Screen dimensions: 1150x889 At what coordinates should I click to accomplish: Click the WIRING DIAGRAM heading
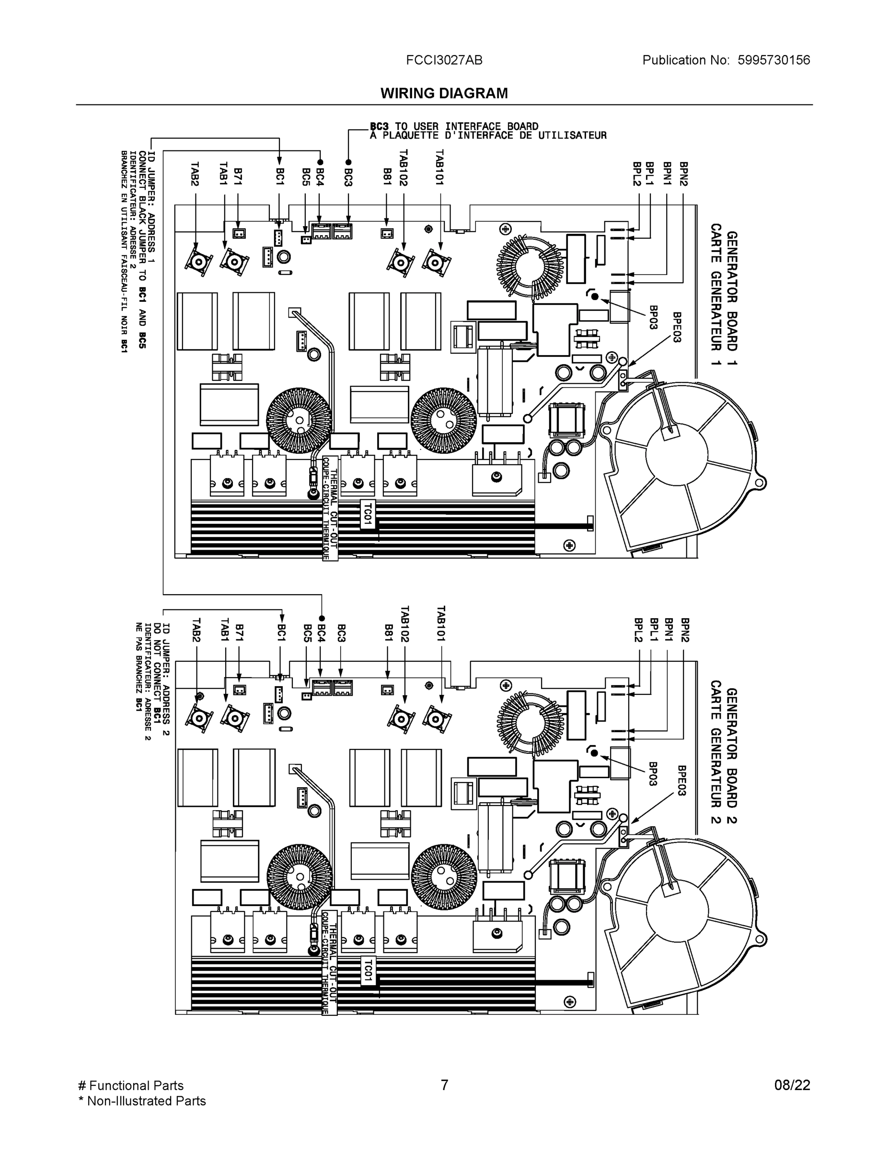(444, 93)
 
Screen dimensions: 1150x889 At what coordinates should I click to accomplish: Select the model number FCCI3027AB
(444, 60)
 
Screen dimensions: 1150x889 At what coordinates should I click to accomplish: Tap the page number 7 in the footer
(444, 1085)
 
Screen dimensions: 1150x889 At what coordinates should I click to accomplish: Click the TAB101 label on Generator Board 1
(440, 167)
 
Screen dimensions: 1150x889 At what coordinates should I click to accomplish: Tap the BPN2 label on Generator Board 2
(684, 630)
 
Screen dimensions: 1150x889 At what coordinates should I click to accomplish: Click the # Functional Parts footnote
(131, 1085)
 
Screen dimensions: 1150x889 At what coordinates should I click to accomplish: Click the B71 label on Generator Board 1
(238, 176)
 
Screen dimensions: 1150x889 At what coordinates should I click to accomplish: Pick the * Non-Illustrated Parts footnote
(142, 1101)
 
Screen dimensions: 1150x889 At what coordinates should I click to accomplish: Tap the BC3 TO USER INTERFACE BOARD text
(454, 126)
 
